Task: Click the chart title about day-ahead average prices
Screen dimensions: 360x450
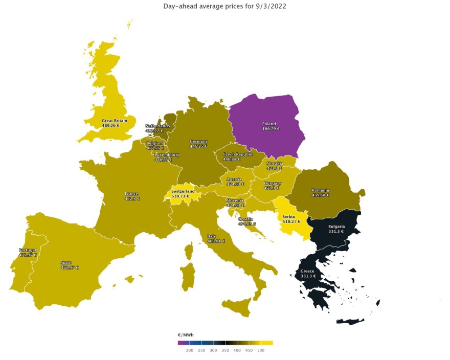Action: click(x=224, y=6)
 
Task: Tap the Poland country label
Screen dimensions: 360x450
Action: click(x=269, y=124)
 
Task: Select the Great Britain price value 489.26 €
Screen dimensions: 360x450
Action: click(x=110, y=126)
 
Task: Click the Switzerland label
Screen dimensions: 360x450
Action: click(x=183, y=191)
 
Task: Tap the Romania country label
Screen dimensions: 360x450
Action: click(x=320, y=190)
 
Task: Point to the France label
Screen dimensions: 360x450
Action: click(x=131, y=194)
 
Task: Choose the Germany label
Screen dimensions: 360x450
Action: click(x=198, y=141)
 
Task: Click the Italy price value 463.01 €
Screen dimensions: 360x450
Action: click(x=216, y=241)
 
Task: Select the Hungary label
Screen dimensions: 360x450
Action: click(x=273, y=183)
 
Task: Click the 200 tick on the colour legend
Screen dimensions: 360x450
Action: click(x=189, y=350)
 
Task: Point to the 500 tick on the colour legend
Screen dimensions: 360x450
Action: click(x=261, y=350)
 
